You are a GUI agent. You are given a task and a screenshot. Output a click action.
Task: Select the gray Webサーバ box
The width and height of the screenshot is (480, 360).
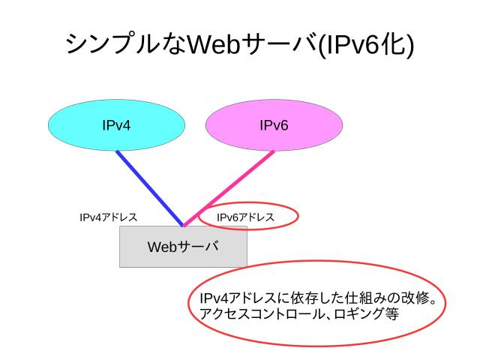[x=142, y=256]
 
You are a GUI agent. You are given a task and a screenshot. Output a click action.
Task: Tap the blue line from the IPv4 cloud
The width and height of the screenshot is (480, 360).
[x=150, y=187]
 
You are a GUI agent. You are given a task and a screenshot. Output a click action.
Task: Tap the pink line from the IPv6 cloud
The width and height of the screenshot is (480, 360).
[x=225, y=187]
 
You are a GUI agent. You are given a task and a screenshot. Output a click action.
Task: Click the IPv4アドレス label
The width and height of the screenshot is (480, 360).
[x=109, y=217]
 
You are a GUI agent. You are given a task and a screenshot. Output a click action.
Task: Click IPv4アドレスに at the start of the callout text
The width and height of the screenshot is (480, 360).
[x=235, y=300]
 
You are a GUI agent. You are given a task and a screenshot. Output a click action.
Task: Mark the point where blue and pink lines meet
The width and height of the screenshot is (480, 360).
[x=184, y=224]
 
